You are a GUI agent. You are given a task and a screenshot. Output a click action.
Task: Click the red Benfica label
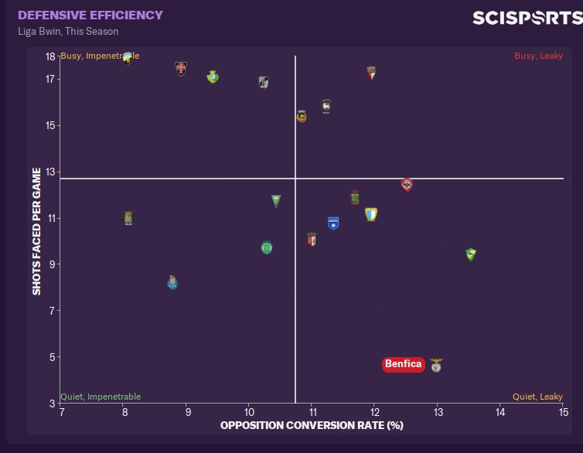click(404, 364)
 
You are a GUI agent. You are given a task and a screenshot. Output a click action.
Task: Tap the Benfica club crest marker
click(437, 365)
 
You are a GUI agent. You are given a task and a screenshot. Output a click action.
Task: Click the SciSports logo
click(527, 17)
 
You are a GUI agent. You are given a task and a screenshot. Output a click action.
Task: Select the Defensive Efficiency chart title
click(90, 15)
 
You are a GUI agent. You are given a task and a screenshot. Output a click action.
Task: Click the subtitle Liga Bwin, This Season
click(68, 32)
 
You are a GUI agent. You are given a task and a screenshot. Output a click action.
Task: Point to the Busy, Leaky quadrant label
click(538, 56)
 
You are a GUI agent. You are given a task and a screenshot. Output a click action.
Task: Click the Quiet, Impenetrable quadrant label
click(101, 397)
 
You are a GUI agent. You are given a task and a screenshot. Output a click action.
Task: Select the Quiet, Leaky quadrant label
click(537, 397)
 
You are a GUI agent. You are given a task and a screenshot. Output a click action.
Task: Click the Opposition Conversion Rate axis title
click(312, 426)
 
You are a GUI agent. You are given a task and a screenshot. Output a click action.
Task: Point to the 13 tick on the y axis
click(50, 172)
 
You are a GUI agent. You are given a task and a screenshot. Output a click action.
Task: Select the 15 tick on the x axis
click(563, 411)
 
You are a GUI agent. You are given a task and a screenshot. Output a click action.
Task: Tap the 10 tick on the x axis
click(247, 411)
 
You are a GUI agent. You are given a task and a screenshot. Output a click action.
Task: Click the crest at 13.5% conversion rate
click(470, 254)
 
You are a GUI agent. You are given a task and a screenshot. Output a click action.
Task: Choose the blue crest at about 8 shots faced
click(172, 282)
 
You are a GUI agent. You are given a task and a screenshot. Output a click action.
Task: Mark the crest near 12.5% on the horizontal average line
click(407, 184)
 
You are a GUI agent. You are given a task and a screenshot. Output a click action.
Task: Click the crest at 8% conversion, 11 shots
click(128, 219)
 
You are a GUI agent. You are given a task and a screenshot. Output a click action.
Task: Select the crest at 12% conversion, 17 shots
click(371, 73)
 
